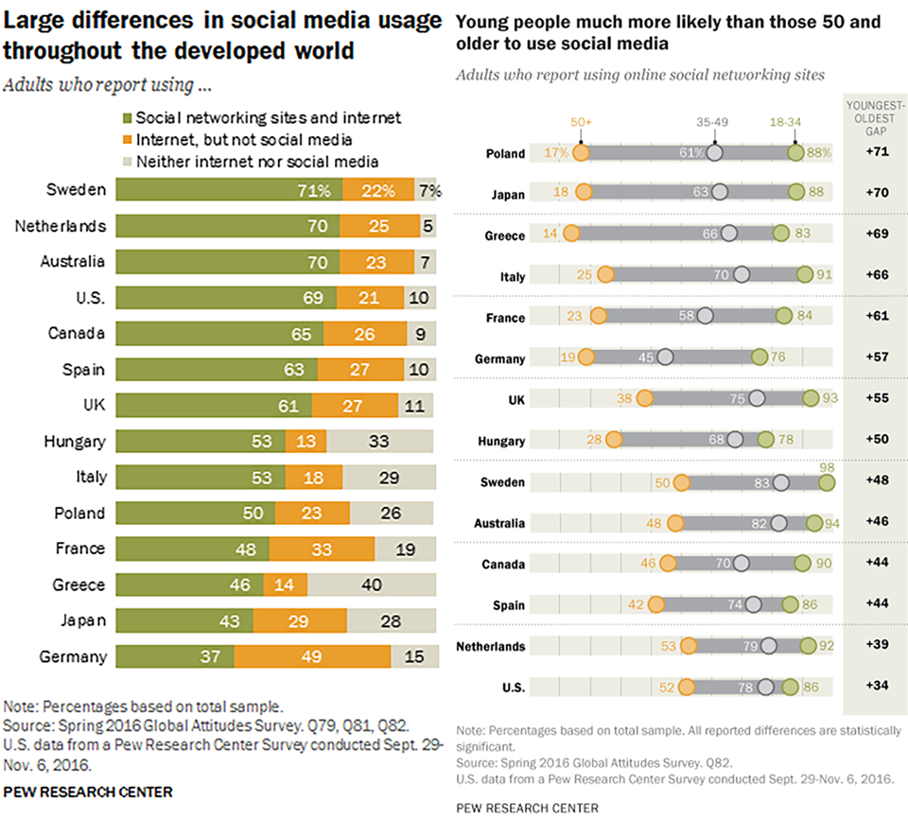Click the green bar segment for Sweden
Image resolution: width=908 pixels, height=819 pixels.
(x=227, y=189)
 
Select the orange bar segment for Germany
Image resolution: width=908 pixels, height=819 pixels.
(x=312, y=656)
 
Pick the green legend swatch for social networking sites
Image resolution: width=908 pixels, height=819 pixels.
(x=126, y=118)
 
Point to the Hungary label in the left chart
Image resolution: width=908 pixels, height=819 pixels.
(x=75, y=441)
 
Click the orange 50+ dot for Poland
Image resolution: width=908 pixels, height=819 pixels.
(x=581, y=153)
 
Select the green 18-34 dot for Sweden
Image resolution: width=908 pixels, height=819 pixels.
(x=827, y=482)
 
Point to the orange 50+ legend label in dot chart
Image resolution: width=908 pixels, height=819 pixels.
(x=581, y=121)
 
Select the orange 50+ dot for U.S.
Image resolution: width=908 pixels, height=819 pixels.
(x=685, y=687)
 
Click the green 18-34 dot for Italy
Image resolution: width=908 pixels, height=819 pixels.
(x=804, y=275)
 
